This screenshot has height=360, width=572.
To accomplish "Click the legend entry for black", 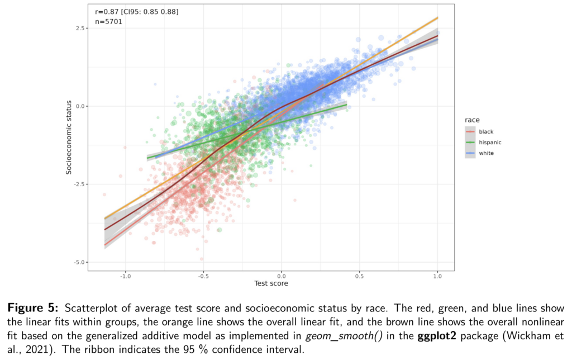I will (486, 131).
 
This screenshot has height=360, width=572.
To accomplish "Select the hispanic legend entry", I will (490, 142).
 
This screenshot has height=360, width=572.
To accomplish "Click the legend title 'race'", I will (471, 120).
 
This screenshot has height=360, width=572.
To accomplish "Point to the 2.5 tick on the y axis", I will (79, 28).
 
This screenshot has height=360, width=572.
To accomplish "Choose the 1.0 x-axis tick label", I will (437, 276).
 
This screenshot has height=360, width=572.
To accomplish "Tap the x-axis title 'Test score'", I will (271, 284).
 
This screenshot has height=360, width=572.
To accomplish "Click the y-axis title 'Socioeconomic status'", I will (69, 138).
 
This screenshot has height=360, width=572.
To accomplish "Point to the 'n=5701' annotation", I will (108, 22).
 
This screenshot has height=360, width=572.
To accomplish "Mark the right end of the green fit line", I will (346, 105).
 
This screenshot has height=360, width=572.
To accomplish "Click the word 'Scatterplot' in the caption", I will (93, 309).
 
